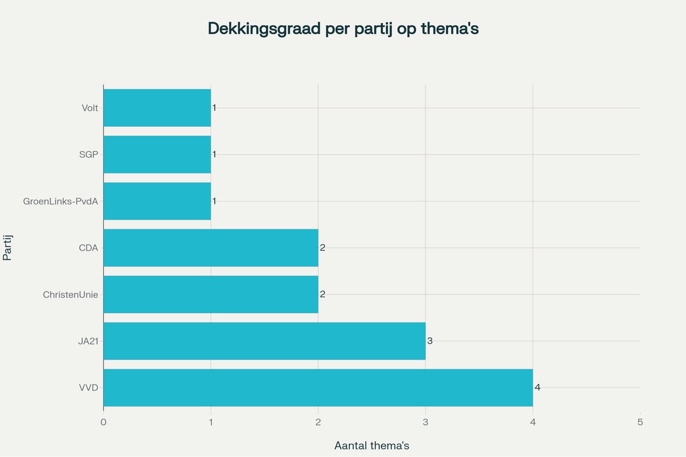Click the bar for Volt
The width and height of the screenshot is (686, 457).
[157, 107]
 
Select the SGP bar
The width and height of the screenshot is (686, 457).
[157, 154]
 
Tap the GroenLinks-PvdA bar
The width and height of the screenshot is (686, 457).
[157, 201]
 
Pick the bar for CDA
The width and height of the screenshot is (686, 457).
[210, 247]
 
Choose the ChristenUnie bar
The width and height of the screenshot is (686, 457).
[210, 294]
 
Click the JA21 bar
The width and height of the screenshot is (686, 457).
[264, 341]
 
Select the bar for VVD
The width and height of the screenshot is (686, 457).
[318, 387]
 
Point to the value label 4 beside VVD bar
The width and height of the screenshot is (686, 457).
[537, 387]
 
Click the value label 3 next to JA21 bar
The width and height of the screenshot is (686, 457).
[430, 341]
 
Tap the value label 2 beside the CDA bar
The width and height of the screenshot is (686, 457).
[322, 247]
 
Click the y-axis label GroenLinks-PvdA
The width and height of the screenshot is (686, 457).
[61, 201]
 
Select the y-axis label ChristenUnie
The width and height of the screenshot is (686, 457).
[70, 295]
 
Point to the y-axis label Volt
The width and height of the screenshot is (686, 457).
[90, 108]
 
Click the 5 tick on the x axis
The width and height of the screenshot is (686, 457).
[640, 422]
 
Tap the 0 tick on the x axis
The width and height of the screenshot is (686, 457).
[103, 422]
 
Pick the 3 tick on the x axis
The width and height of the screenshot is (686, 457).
[425, 422]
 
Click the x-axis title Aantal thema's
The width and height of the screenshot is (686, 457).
[372, 446]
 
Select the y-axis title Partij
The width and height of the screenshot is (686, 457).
[8, 247]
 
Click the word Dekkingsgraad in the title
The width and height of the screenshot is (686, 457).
[263, 29]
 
